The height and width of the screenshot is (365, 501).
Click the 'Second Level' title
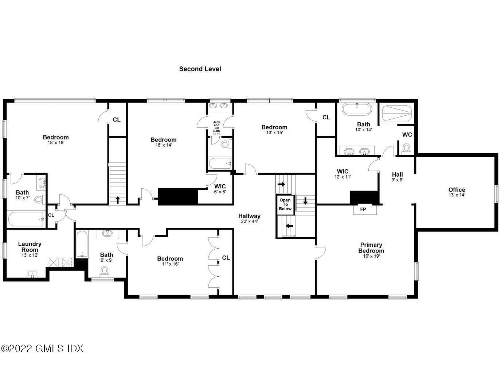coord(200,69)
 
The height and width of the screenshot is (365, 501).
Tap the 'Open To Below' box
coord(285,204)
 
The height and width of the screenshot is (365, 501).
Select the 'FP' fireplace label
coord(363,209)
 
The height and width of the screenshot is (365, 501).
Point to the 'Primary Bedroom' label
coord(371,248)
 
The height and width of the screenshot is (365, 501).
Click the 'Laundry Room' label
coord(30,247)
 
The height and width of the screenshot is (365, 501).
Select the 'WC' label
coord(407,135)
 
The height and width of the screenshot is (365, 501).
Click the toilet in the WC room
coord(406,148)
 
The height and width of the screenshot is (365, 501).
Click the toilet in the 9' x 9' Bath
coord(105,271)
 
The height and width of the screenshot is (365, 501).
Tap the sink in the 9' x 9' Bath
coord(107,233)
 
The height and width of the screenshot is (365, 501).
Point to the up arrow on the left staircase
coord(118,200)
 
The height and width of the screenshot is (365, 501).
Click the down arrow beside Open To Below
coord(305,200)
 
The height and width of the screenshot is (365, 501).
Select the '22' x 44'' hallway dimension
coord(249,221)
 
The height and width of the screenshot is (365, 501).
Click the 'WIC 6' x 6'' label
coord(220,189)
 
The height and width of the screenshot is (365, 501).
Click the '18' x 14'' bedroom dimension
coord(164,145)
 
